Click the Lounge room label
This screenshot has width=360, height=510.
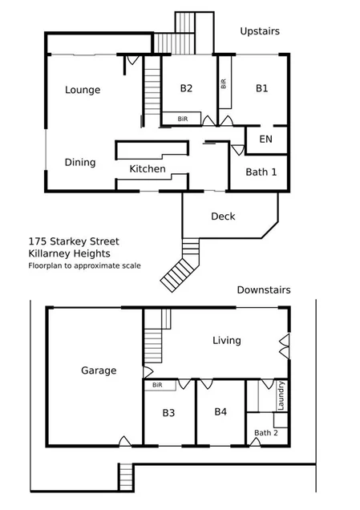(83, 90)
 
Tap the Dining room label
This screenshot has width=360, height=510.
(80, 162)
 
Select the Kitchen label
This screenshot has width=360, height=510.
(148, 169)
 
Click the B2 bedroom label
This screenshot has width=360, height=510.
(186, 88)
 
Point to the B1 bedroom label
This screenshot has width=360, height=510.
(262, 88)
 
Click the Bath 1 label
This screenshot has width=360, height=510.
(261, 172)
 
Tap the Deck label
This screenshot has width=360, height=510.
(223, 217)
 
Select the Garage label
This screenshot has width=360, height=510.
(99, 370)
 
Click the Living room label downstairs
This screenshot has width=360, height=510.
(226, 341)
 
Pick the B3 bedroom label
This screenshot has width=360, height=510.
(169, 415)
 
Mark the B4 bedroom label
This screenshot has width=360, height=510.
(221, 411)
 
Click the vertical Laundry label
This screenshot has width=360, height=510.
(281, 395)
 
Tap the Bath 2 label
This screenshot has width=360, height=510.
(265, 433)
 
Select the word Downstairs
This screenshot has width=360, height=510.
(263, 289)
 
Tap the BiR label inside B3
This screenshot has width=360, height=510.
(156, 385)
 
